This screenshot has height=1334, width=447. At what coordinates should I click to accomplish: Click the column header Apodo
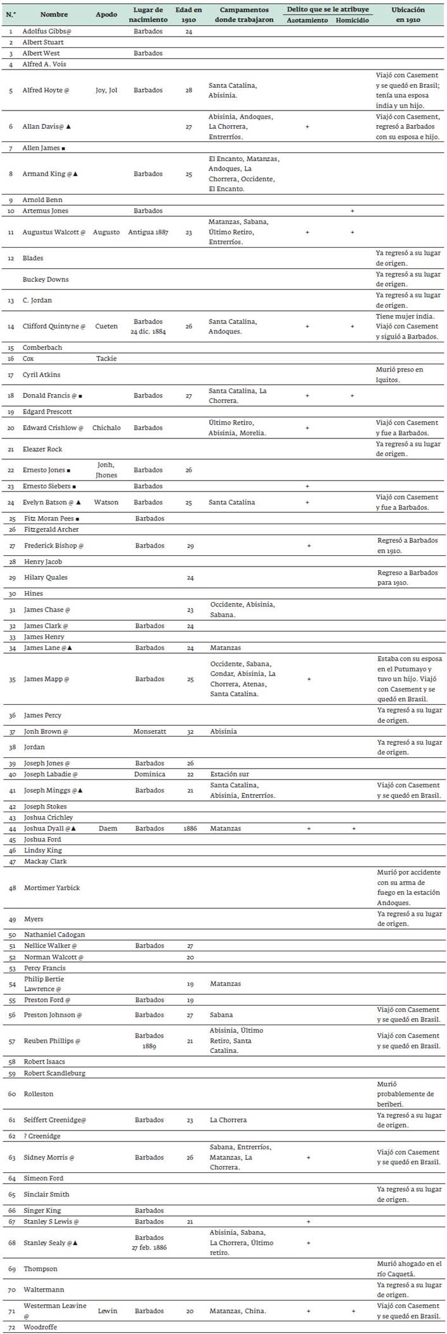106,15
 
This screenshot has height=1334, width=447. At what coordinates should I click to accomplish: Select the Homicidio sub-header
352,20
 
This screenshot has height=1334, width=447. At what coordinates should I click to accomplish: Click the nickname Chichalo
106,428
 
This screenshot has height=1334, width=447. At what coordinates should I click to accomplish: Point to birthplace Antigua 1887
148,232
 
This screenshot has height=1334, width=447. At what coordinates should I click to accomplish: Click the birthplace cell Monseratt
150,731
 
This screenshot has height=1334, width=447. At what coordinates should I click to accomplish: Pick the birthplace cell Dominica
150,774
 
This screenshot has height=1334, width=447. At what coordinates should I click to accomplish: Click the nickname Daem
108,828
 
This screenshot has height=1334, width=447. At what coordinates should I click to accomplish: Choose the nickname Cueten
106,327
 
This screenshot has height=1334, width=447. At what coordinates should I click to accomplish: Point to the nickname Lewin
107,1311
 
